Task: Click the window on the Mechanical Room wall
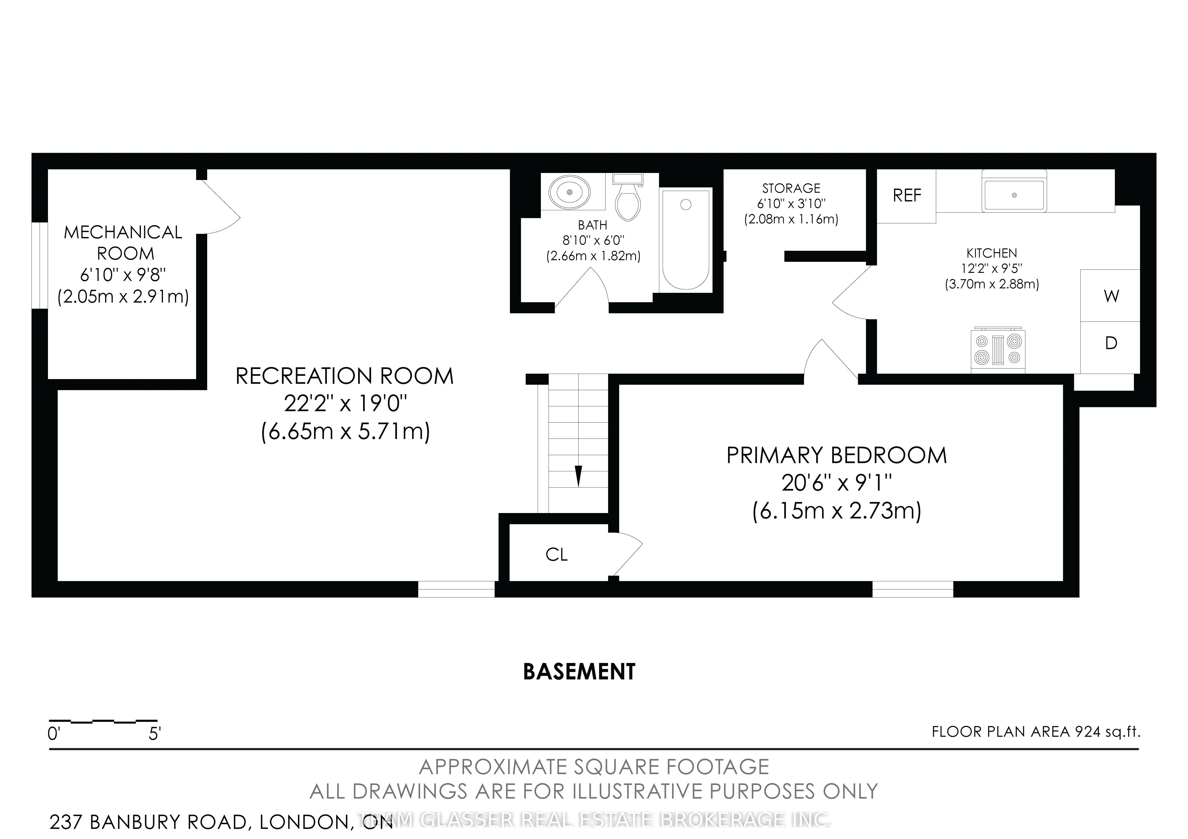click(x=39, y=265)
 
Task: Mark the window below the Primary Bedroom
click(x=913, y=589)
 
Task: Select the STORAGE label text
click(x=791, y=188)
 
